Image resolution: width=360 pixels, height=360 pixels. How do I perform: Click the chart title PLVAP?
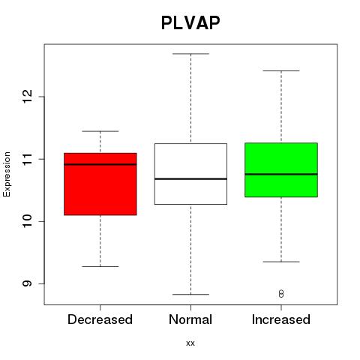(190, 22)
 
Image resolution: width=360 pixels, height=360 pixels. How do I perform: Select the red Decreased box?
(100, 184)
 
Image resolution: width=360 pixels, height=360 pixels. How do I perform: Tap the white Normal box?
(190, 174)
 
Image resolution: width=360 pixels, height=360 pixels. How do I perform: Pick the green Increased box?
(281, 170)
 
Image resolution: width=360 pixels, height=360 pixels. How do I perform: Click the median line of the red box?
(100, 164)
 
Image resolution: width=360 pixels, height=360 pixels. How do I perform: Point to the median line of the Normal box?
(190, 178)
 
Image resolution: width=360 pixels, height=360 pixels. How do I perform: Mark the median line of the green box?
(281, 174)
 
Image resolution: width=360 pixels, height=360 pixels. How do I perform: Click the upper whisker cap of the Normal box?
(190, 54)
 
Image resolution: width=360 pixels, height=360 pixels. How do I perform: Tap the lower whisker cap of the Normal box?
(190, 295)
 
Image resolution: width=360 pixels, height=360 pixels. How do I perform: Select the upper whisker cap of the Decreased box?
(100, 131)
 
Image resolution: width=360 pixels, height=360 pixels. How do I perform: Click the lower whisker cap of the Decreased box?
(100, 266)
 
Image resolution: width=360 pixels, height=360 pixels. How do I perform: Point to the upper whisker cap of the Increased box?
(281, 71)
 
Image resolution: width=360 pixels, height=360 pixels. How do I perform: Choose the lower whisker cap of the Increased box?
(281, 262)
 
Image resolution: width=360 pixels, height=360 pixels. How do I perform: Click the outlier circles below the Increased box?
(281, 294)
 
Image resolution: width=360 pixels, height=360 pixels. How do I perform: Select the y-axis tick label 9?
(28, 283)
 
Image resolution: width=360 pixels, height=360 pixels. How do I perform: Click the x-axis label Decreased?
(100, 319)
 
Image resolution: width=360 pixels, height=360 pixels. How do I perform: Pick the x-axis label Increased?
(281, 319)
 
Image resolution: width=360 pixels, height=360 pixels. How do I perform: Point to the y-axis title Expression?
(7, 174)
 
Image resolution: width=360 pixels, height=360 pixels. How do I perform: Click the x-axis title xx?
(190, 343)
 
